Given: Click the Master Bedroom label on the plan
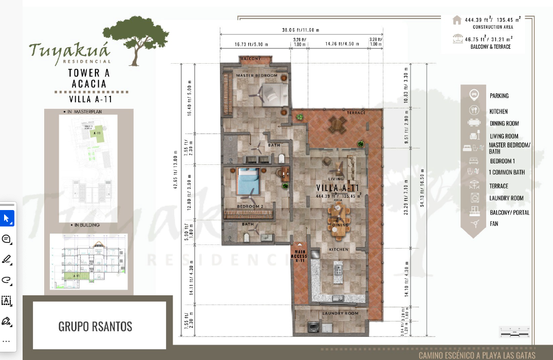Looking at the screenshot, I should coord(256,75).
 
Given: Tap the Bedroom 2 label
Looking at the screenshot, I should coord(250,206).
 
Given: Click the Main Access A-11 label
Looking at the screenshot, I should coord(299,256).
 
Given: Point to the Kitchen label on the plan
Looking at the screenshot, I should coord(339,249).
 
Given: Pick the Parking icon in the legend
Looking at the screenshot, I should coord(474,95).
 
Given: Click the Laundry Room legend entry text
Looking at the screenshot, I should coord(506,198).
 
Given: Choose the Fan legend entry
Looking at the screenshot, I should coord(493,223).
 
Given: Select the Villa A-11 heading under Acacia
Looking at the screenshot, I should coord(90,99).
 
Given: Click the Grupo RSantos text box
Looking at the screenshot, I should coord(99,326).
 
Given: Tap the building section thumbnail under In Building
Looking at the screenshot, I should coord(88,262).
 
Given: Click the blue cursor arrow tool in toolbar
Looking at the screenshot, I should coord(7,218).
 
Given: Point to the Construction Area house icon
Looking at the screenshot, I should coord(456,20).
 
